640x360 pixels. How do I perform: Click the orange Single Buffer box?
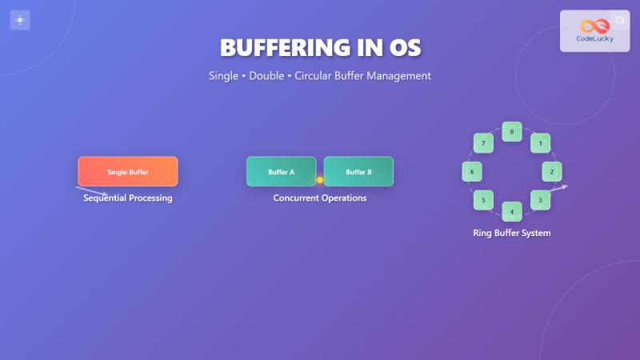[128, 171]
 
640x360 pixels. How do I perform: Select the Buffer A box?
[282, 171]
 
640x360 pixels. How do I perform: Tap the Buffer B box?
[358, 171]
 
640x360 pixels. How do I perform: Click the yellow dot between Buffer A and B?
[320, 180]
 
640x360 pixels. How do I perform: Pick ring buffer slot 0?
[512, 131]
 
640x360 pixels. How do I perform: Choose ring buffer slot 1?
[541, 143]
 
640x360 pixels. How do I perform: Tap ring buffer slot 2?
[552, 171]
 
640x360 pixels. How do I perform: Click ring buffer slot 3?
[541, 199]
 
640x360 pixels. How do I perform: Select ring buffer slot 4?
[512, 211]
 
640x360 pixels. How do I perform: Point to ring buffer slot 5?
[483, 199]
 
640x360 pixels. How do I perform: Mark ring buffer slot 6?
[472, 171]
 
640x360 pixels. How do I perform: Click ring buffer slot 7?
[483, 143]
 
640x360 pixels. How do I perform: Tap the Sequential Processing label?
[128, 198]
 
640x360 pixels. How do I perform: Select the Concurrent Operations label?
[320, 198]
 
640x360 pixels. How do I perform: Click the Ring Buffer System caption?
[512, 234]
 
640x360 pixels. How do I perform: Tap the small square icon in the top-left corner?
[20, 20]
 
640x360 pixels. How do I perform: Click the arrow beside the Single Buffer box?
[92, 191]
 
